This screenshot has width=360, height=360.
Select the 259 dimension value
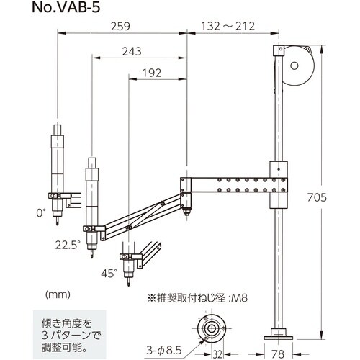pos(122,27)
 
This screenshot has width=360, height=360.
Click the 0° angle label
pos(40,212)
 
